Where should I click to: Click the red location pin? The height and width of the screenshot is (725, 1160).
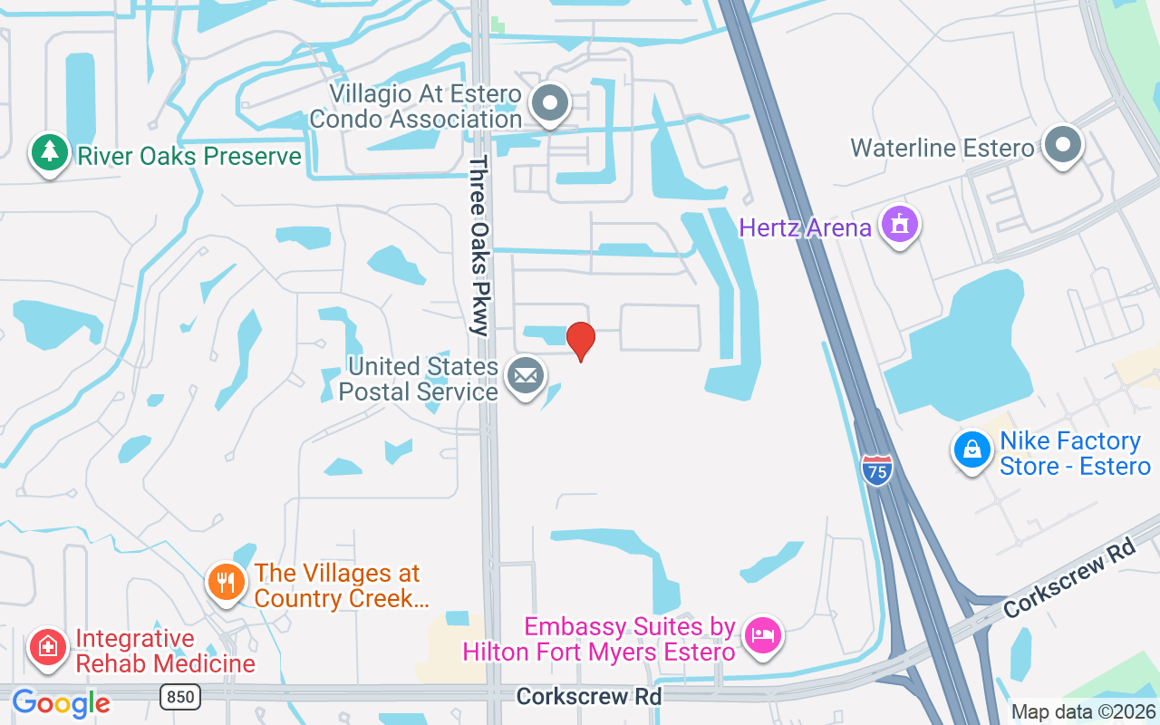581,340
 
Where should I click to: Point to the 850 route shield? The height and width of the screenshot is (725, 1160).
180,696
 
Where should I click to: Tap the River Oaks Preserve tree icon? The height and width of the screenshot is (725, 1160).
49,153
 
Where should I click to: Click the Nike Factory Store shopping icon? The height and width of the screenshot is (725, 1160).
971,449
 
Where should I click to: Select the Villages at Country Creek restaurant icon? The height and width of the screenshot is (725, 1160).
226,581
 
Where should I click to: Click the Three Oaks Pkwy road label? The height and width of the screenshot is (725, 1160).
479,246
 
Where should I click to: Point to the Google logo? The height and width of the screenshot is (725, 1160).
61,702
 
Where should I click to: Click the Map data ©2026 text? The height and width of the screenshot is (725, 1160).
1083,712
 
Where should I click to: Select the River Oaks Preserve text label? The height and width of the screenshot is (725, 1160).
188,156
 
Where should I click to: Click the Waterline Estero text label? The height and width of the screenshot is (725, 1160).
942,148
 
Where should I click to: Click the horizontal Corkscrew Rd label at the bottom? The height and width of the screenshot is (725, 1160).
589,696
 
